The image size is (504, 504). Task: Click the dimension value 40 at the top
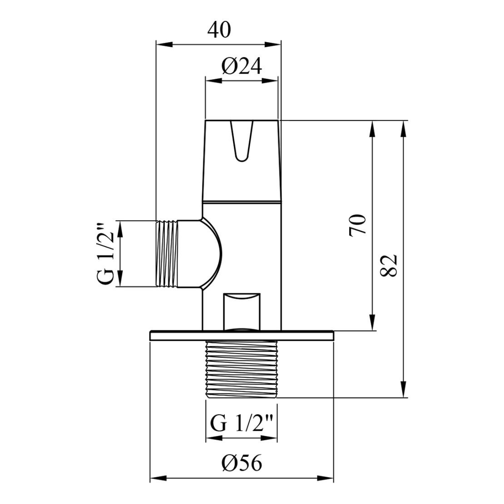click(219, 30)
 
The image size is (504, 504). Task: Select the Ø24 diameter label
click(242, 67)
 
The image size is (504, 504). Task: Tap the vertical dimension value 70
click(358, 224)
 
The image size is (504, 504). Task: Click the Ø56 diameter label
click(242, 464)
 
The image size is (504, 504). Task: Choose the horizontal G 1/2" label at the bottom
click(242, 424)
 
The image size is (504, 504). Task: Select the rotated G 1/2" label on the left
click(106, 254)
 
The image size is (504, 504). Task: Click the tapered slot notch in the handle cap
click(241, 141)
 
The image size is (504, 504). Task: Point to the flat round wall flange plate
click(242, 336)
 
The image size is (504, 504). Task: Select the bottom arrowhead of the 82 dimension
click(403, 390)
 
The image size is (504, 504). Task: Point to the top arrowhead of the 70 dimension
click(372, 129)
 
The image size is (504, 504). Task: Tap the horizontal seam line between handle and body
click(242, 201)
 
